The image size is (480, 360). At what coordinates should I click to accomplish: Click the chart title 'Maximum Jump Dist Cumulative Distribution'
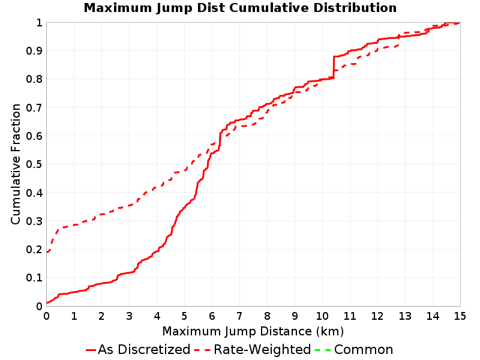[240, 8]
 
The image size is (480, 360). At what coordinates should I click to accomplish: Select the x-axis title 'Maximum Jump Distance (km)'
[253, 331]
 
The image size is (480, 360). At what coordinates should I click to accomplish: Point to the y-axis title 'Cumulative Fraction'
[16, 164]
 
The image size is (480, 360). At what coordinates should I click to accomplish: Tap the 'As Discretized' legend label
[144, 350]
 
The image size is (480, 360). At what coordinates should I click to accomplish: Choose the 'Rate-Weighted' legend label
[262, 350]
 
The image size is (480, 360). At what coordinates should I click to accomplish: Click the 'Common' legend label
[364, 350]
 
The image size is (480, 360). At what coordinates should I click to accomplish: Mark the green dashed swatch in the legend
[323, 350]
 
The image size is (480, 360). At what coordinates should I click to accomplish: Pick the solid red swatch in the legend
[91, 350]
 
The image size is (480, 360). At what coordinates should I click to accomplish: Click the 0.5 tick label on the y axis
[34, 164]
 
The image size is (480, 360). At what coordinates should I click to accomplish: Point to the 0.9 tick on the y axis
[34, 51]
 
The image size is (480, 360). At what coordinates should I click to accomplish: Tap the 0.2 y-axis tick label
[34, 250]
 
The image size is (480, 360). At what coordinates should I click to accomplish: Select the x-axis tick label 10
[322, 316]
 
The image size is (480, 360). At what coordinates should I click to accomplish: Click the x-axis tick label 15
[460, 316]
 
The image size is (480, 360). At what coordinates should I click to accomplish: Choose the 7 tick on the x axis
[239, 316]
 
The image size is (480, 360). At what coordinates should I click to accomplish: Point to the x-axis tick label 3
[129, 316]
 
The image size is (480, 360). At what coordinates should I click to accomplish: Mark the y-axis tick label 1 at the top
[39, 23]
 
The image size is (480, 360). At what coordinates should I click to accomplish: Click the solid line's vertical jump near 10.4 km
[334, 67]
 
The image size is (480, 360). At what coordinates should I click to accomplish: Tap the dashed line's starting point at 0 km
[47, 252]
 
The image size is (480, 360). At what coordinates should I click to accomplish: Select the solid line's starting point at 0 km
[47, 303]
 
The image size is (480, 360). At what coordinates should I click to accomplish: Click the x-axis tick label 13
[404, 316]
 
